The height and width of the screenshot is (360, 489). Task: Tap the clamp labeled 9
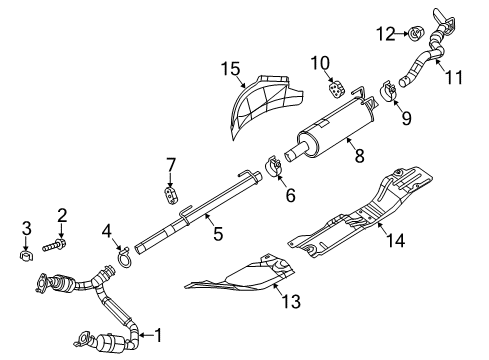[x=388, y=96]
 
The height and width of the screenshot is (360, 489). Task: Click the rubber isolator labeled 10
[x=336, y=91]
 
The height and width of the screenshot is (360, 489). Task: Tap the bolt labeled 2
[x=54, y=242]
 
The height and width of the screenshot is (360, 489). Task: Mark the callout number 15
[x=231, y=68]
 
